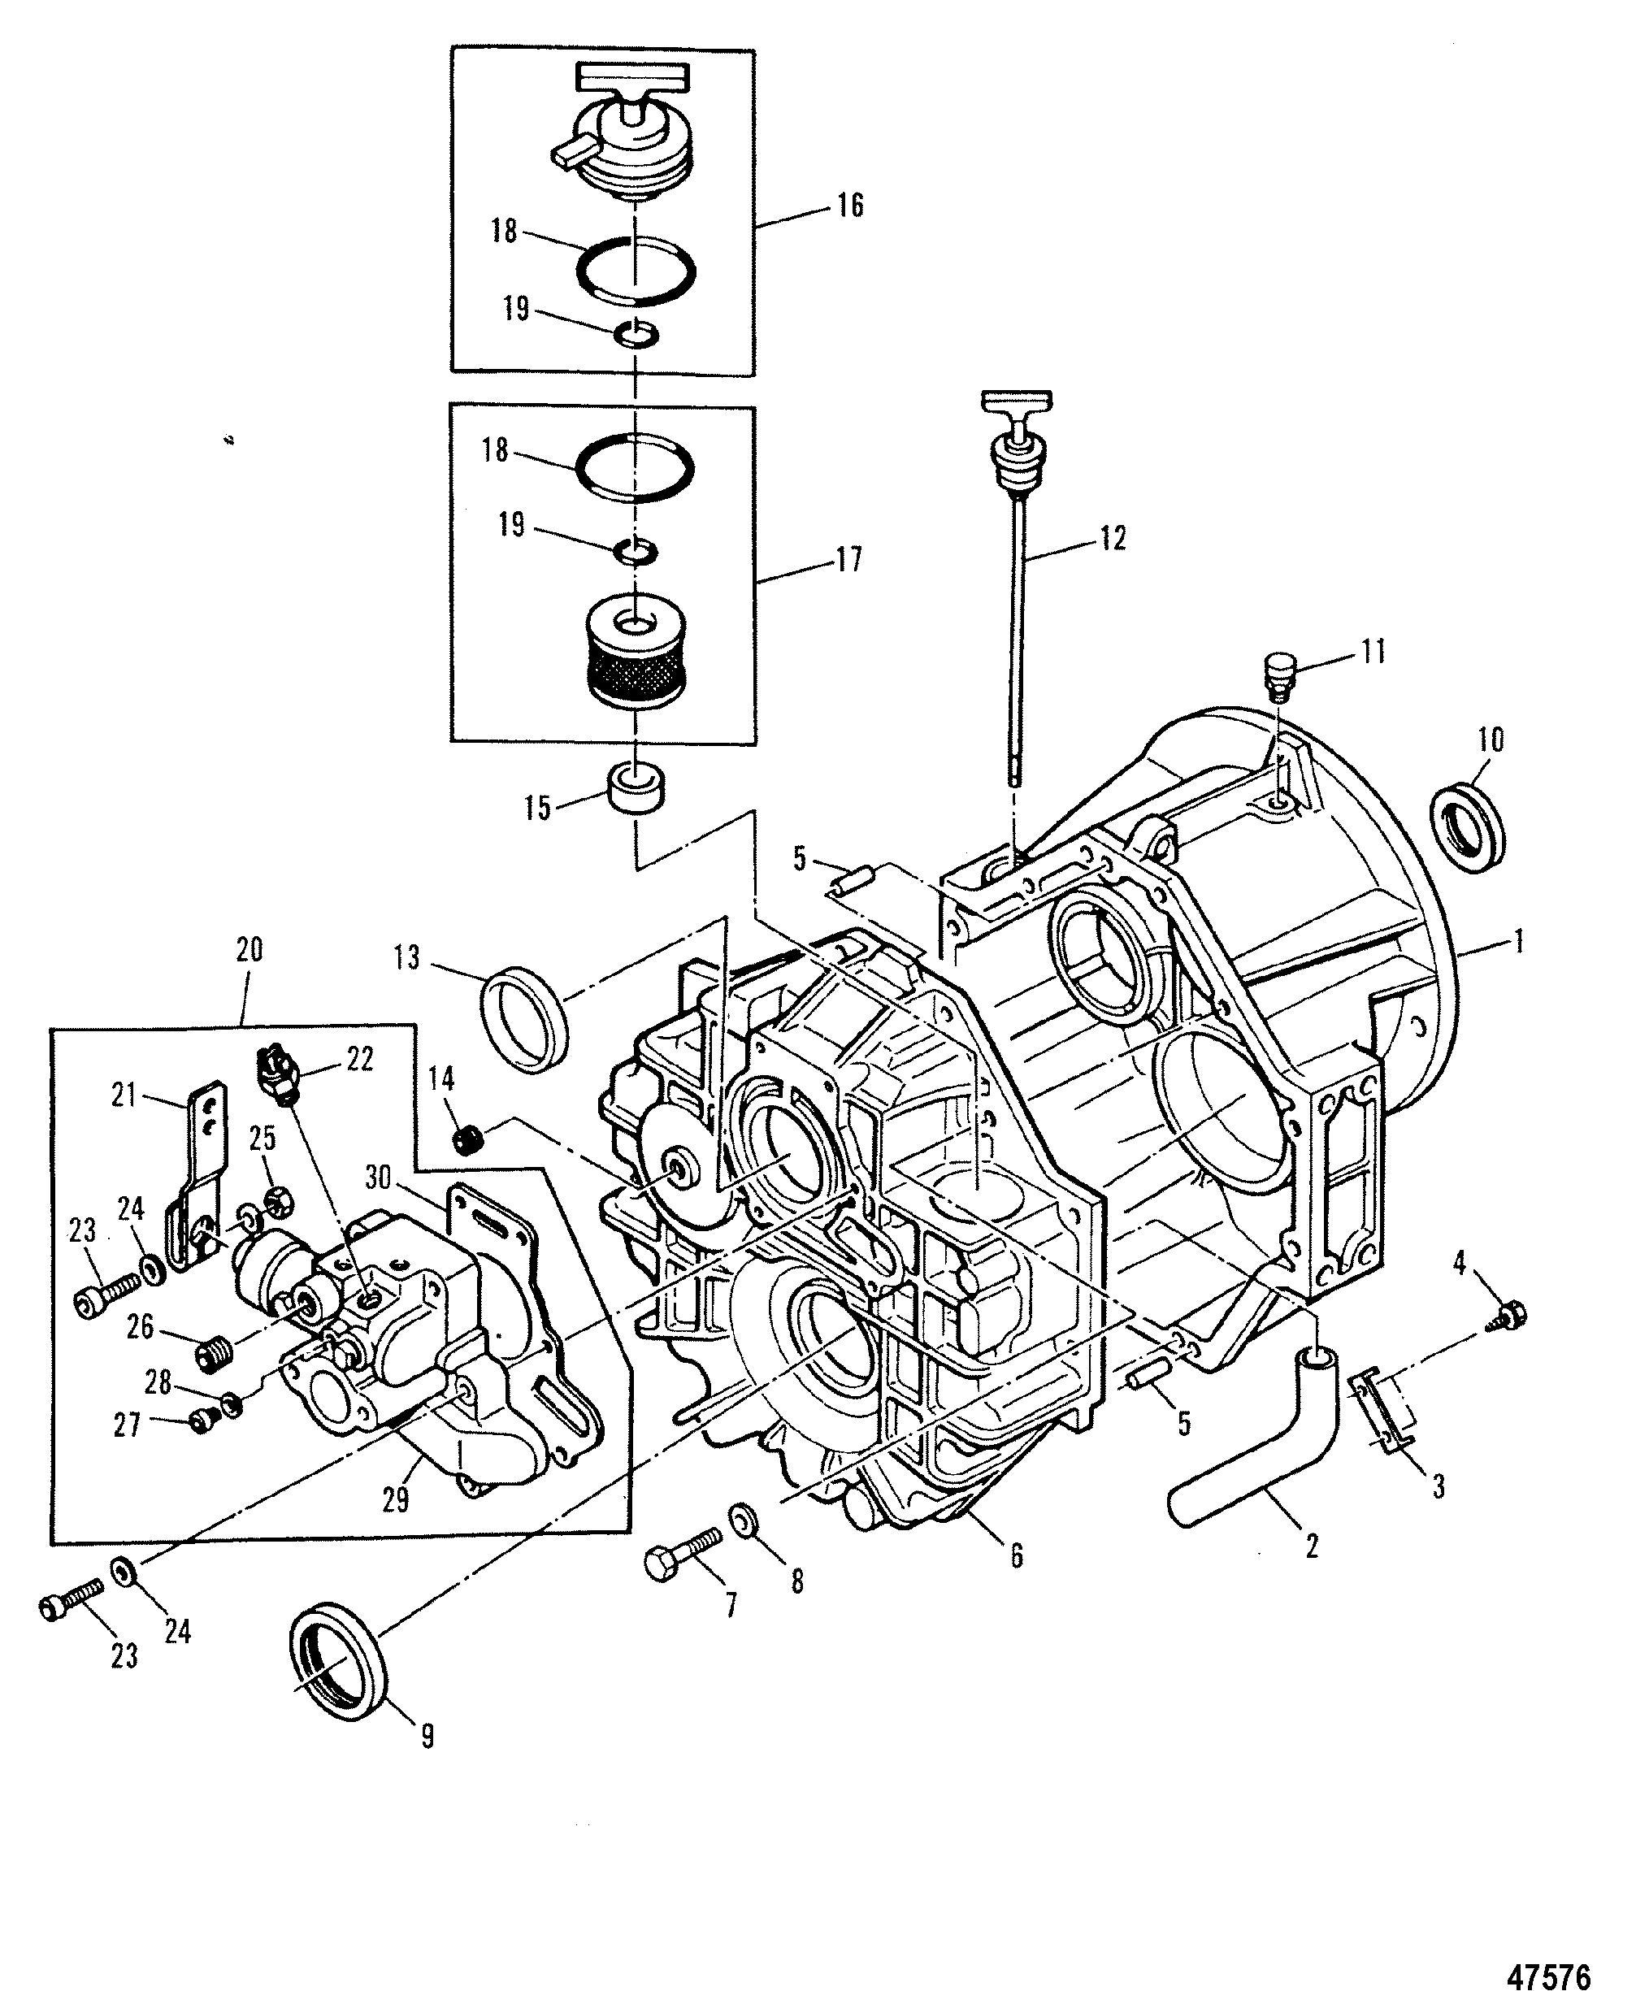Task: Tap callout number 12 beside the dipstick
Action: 1113,538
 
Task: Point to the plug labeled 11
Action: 1278,673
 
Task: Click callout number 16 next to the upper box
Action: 850,206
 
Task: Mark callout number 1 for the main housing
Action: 1518,941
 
